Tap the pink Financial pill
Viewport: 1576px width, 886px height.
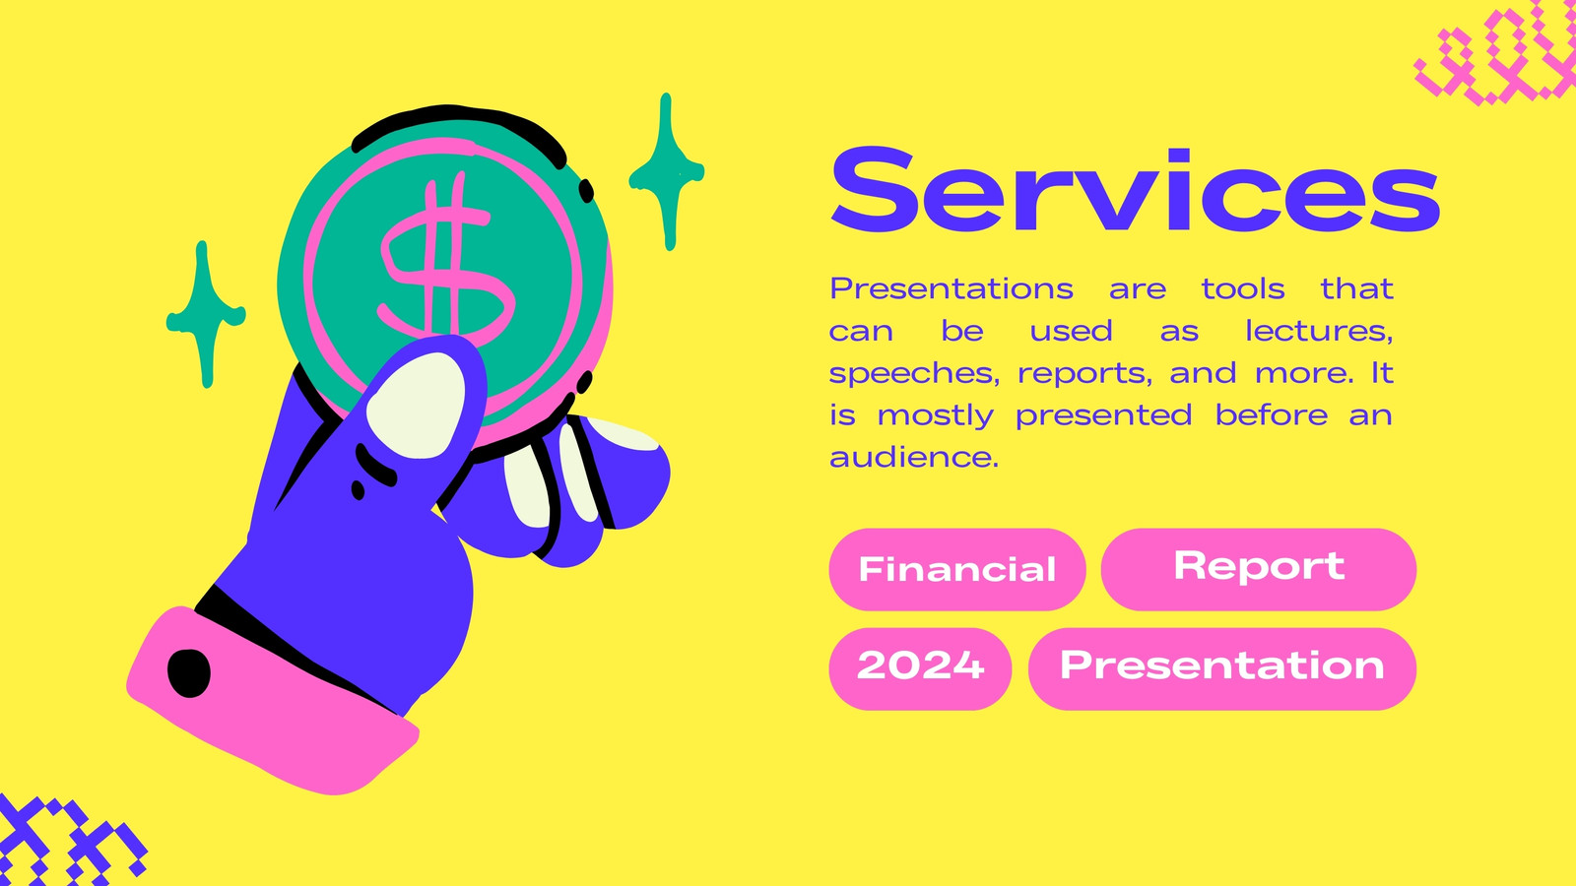pos(956,570)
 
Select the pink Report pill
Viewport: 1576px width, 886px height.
pos(1259,570)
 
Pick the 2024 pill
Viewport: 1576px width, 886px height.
pos(920,668)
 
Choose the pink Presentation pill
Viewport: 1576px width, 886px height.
pos(1222,668)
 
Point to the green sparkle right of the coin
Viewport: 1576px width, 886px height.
pos(666,172)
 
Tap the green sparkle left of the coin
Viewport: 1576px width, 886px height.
pos(206,315)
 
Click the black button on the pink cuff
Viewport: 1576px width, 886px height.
pos(188,673)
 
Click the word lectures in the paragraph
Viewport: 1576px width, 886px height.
pos(1319,331)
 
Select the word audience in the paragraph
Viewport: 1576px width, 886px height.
pos(914,458)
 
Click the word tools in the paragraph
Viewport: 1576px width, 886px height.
pos(1243,289)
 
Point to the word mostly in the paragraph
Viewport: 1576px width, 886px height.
pos(936,416)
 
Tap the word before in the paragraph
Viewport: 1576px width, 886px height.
pos(1272,414)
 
